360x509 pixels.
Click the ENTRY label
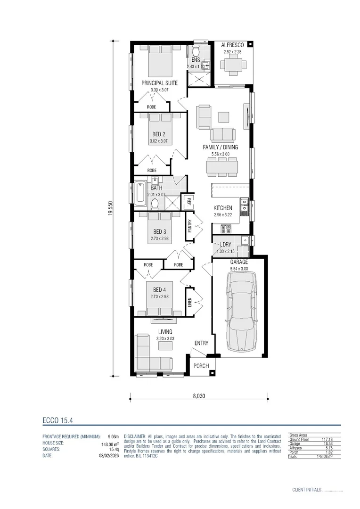coord(201,343)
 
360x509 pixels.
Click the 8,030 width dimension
coord(199,396)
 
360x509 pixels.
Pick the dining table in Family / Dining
coord(221,166)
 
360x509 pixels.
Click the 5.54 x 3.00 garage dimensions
coord(239,269)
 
